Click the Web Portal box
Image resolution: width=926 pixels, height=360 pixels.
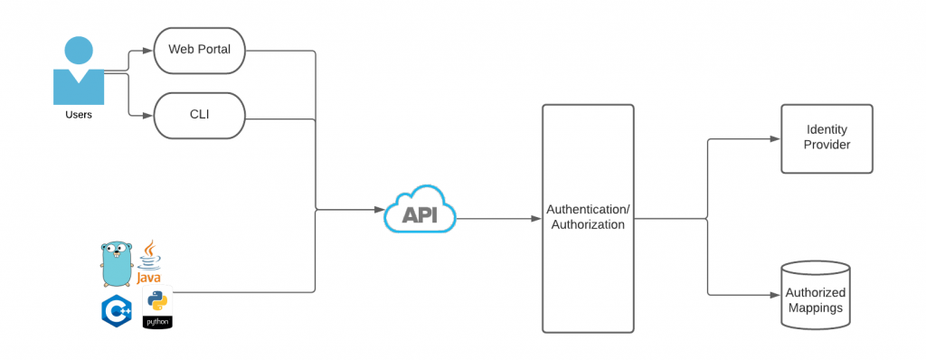pyautogui.click(x=199, y=51)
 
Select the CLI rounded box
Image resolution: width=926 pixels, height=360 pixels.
pyautogui.click(x=199, y=116)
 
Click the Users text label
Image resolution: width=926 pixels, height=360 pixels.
pyautogui.click(x=79, y=115)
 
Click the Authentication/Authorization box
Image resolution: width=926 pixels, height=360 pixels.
pyautogui.click(x=588, y=218)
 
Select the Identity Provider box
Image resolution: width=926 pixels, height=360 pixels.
pyautogui.click(x=827, y=138)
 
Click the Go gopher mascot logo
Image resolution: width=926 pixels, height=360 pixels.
pyautogui.click(x=116, y=263)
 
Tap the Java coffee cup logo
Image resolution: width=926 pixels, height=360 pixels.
pyautogui.click(x=149, y=263)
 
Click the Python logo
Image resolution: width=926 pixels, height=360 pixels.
pyautogui.click(x=157, y=309)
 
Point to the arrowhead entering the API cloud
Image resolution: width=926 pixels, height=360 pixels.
pyautogui.click(x=379, y=210)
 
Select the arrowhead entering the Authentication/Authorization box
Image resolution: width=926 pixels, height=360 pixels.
pyautogui.click(x=536, y=218)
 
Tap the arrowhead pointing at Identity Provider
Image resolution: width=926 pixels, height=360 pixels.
pyautogui.click(x=774, y=139)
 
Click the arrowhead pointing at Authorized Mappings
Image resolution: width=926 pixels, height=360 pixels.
pyautogui.click(x=774, y=295)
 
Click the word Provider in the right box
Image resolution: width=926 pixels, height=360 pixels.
pyautogui.click(x=827, y=145)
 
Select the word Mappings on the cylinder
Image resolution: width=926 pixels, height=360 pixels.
pyautogui.click(x=815, y=308)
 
